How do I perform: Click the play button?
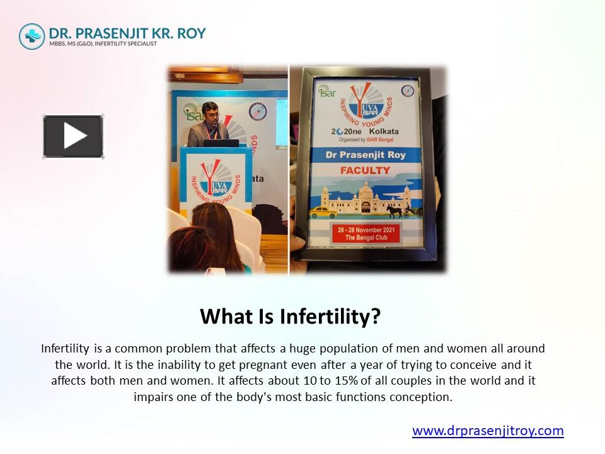click(x=73, y=136)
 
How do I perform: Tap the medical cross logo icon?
click(x=32, y=36)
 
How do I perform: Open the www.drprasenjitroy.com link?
click(x=488, y=431)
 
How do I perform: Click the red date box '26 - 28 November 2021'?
click(x=366, y=231)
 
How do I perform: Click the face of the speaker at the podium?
click(x=210, y=112)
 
